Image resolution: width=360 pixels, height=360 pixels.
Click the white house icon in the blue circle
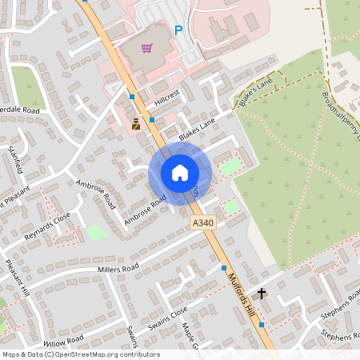[180, 172]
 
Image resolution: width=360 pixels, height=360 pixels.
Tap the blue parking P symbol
[178, 31]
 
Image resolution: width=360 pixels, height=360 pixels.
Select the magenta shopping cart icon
[146, 48]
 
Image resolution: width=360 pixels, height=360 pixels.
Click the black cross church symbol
[261, 293]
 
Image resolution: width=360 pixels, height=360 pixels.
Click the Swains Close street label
[167, 318]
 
